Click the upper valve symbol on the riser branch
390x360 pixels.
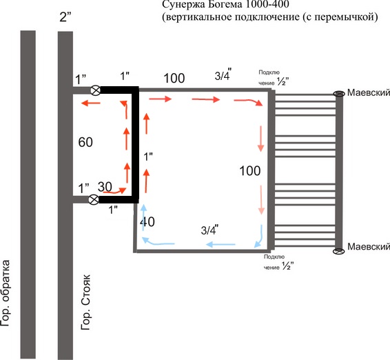click(95, 90)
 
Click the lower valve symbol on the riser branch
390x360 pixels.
click(94, 199)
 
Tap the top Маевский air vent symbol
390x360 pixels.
click(339, 94)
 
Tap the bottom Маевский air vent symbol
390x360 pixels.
click(339, 251)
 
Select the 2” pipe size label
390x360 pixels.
click(65, 17)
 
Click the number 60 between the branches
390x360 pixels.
click(85, 142)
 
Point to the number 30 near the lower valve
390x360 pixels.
click(105, 187)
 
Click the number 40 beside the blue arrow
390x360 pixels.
click(147, 221)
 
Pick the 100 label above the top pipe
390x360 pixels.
click(174, 78)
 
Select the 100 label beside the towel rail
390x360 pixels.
click(250, 171)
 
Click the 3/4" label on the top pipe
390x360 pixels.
click(223, 74)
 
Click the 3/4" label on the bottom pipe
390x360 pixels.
click(209, 229)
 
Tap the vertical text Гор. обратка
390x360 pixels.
click(6, 293)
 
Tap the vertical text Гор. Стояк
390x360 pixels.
click(86, 302)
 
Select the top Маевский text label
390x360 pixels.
click(369, 92)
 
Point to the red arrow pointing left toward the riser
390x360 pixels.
click(91, 103)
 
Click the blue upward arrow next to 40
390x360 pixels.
click(143, 218)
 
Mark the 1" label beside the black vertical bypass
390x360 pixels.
click(148, 157)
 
